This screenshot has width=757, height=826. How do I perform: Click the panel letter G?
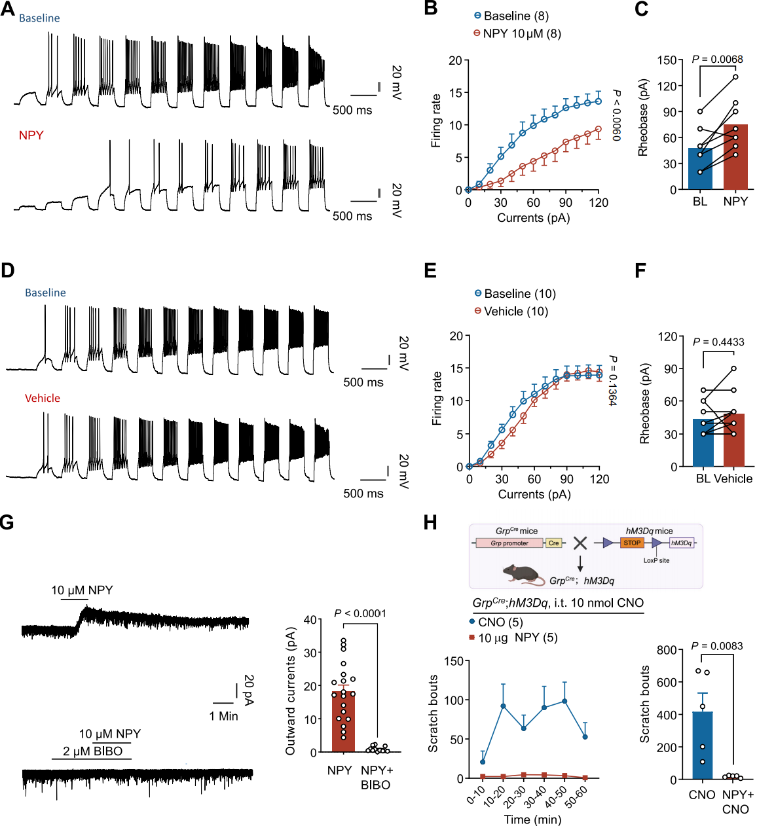(7, 522)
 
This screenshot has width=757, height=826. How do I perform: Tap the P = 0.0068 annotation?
(717, 60)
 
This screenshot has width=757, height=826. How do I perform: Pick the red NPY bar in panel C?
(735, 157)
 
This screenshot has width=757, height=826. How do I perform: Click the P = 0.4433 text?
(718, 342)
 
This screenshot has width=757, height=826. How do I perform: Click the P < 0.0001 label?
(360, 613)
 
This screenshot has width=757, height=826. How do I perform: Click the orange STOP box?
(632, 543)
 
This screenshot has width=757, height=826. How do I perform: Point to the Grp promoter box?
(509, 543)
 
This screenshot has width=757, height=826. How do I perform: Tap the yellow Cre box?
(554, 543)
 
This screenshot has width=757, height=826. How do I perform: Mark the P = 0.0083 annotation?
(717, 646)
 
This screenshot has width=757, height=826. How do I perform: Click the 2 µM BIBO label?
(92, 751)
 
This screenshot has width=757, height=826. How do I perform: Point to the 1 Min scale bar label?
(223, 716)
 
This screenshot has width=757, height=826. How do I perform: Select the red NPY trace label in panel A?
(31, 135)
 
